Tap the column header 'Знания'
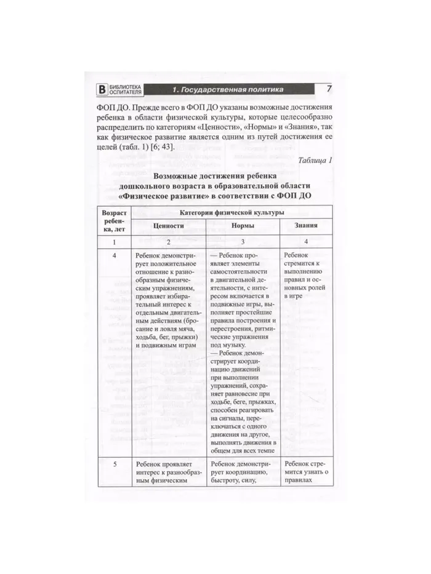[x=306, y=226]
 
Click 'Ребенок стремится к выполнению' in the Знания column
[x=306, y=263]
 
